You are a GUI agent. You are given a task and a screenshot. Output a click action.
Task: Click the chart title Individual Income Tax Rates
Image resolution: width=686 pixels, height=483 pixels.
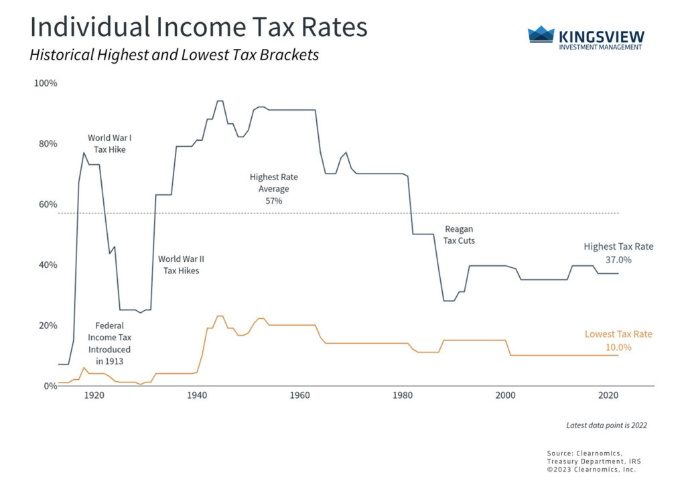[x=198, y=27]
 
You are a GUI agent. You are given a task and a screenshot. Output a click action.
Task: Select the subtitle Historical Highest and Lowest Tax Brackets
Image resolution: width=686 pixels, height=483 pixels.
[x=174, y=55]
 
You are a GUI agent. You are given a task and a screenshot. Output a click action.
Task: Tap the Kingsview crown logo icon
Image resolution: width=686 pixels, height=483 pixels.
[x=541, y=35]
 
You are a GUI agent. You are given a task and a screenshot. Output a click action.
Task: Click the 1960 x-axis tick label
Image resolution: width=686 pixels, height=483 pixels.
[x=299, y=395]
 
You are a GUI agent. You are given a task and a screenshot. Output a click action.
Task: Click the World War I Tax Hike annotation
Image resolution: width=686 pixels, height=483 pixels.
[x=110, y=143]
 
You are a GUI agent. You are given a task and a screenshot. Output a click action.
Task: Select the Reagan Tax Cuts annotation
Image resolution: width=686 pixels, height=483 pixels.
[x=459, y=234]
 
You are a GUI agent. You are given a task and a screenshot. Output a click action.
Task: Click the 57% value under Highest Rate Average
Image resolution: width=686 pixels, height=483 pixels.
[x=274, y=200]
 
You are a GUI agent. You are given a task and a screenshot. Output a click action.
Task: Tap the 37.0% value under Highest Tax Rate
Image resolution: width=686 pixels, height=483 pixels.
[x=618, y=259]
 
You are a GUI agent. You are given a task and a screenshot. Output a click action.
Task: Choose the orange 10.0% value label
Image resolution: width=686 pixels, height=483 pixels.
[x=618, y=347]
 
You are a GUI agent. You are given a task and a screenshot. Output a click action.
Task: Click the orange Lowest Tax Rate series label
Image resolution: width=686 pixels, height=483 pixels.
[x=618, y=334]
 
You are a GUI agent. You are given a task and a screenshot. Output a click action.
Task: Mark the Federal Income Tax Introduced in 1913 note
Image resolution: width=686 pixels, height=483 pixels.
[x=110, y=344]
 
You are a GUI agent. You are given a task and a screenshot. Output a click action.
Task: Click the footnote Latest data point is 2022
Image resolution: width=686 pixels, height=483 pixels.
[x=606, y=425]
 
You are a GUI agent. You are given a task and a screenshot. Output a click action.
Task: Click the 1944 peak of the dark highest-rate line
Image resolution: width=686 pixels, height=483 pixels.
[x=220, y=101]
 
